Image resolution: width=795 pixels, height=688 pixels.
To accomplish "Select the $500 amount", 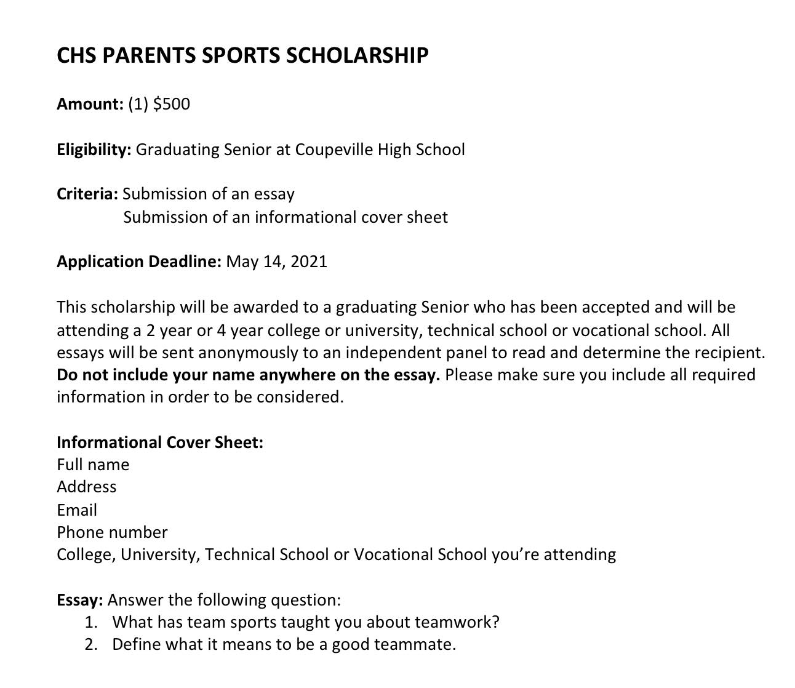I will [172, 104].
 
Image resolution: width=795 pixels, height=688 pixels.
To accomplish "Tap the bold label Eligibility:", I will [94, 150].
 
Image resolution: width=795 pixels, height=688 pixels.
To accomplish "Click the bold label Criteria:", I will [87, 194].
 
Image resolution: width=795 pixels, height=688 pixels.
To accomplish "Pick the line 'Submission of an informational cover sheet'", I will [286, 217].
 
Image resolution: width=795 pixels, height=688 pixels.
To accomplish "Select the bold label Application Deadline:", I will [138, 262].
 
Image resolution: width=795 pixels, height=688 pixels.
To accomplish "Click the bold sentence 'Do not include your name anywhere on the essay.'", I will [248, 375].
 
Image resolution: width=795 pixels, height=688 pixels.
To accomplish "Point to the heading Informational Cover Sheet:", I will [159, 442].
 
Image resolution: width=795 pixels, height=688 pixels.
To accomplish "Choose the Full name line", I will [93, 465].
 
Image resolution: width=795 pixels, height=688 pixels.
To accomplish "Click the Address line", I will [86, 487].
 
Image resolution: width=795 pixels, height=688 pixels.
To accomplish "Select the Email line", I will [77, 510].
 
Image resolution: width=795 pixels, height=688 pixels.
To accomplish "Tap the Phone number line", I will [112, 532].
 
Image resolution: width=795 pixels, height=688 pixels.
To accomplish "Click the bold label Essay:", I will [79, 600].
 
